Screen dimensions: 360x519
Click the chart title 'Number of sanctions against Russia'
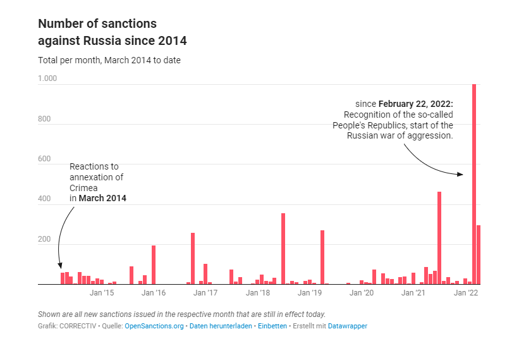pos(112,32)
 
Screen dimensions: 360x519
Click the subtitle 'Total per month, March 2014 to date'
pos(109,60)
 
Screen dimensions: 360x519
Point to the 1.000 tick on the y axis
pos(47,78)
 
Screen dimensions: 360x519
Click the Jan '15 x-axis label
pos(102,293)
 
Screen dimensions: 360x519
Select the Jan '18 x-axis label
pos(258,293)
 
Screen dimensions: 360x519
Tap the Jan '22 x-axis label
pos(466,293)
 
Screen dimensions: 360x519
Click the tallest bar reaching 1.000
pos(474,184)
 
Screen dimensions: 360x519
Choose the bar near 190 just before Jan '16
pos(154,265)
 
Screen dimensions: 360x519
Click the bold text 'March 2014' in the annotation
pos(102,198)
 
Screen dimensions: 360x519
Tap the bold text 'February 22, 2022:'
pos(415,103)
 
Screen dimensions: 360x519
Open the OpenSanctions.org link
pos(154,326)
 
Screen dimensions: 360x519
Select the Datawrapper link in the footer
pos(347,326)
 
